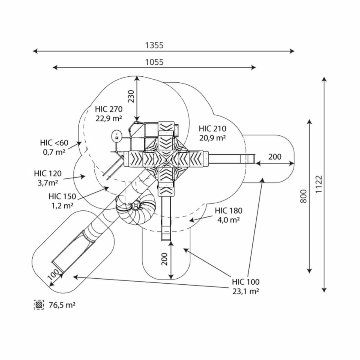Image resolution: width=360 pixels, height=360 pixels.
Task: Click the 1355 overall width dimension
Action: [154, 45]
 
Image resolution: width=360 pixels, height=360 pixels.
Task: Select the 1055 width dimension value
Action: [154, 62]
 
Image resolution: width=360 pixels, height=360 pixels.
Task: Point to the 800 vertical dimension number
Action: [303, 196]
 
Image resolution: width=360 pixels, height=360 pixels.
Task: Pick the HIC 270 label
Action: [109, 109]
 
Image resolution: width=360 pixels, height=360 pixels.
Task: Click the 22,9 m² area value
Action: [109, 118]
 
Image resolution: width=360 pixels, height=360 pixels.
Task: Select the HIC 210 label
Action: [212, 128]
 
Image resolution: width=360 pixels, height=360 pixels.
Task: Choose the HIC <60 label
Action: [54, 143]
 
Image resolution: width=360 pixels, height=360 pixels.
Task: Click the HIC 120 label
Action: [48, 174]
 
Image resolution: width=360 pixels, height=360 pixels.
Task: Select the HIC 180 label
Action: [228, 211]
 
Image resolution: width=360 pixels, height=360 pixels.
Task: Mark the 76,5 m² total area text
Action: [62, 305]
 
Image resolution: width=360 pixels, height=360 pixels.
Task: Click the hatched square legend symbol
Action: [39, 305]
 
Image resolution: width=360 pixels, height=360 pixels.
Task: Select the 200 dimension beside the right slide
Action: [274, 156]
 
